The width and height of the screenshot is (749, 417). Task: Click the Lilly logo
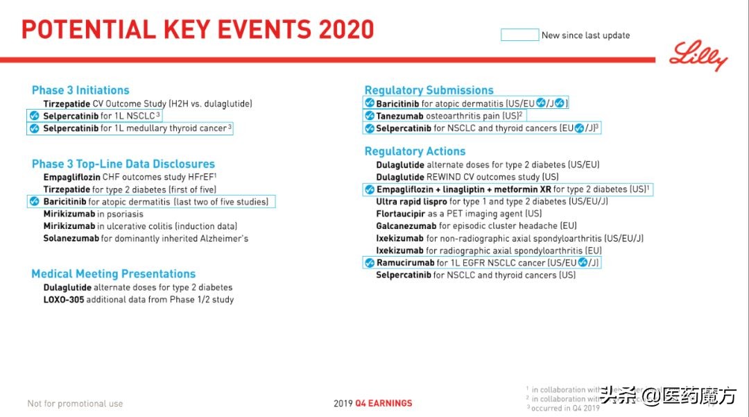(698, 56)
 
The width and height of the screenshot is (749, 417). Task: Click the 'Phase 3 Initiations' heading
(80, 90)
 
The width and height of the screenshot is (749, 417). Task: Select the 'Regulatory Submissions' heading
(429, 90)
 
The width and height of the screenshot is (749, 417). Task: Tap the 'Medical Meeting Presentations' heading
(114, 274)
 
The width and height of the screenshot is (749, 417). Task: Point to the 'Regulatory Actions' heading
(415, 151)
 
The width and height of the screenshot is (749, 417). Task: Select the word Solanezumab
(71, 239)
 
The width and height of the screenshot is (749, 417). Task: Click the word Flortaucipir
(399, 214)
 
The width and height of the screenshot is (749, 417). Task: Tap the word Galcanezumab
(406, 226)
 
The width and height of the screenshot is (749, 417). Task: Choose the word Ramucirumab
(405, 263)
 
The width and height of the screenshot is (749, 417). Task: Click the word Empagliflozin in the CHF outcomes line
(71, 177)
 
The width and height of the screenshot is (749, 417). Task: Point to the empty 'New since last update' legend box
(519, 35)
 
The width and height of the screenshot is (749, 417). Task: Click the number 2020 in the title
(346, 29)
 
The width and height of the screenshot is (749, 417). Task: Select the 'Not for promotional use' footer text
(75, 404)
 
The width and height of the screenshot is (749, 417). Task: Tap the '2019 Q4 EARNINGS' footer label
(372, 403)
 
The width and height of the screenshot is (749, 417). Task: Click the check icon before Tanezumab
(370, 116)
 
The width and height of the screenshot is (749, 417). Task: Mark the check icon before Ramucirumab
(370, 263)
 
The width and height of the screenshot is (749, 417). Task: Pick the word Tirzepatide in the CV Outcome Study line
(67, 103)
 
